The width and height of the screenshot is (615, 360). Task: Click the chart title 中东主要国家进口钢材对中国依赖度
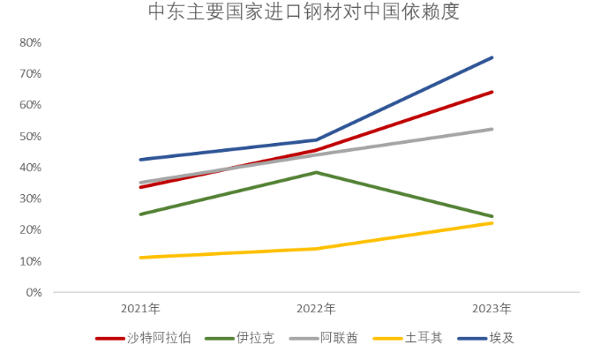point(304,13)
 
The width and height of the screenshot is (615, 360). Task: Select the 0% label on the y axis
point(33,292)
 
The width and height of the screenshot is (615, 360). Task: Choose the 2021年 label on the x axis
point(140,309)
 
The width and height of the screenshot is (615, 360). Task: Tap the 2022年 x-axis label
point(316,309)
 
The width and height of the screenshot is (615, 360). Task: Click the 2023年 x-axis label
point(491,309)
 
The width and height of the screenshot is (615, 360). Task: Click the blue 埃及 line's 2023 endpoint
point(492,57)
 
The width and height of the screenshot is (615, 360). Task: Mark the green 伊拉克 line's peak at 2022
point(316,172)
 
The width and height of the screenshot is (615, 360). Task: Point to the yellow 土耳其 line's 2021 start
point(140,258)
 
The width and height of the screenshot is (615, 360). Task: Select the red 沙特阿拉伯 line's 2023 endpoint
point(492,92)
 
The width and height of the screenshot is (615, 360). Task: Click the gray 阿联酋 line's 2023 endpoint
point(492,129)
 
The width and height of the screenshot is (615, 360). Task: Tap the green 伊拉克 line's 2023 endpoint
point(492,216)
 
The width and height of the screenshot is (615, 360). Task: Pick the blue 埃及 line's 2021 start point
point(140,160)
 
